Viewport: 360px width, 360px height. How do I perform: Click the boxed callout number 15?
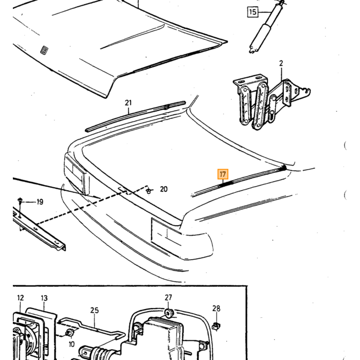253,12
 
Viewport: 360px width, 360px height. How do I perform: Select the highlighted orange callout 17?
223,174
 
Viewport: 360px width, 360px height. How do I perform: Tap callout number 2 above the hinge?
281,63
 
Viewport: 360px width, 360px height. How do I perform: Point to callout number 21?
128,103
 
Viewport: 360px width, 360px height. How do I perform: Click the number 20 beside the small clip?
164,189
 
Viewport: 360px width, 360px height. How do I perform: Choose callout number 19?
40,202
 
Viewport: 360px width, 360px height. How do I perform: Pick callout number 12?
21,298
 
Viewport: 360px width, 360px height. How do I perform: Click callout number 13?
44,298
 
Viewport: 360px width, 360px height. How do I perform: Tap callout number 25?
94,311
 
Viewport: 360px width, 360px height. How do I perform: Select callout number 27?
168,298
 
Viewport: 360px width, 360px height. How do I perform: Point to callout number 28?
217,309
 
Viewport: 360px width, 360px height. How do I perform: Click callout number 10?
71,344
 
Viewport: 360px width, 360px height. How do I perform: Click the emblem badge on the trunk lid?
44,50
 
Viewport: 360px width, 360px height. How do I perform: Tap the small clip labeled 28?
216,326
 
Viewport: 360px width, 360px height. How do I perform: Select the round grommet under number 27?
169,313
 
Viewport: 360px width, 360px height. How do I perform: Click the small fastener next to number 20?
149,190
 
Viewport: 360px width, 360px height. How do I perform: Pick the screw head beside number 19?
20,200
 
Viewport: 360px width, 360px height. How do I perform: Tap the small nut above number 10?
69,333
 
